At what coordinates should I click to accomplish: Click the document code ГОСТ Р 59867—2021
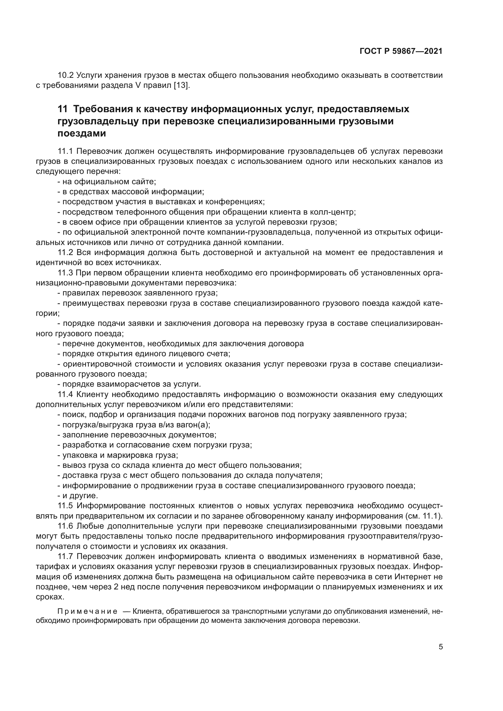401,51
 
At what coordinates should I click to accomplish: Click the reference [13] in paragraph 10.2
181,85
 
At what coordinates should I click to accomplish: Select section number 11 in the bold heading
62,109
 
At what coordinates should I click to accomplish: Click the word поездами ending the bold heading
82,133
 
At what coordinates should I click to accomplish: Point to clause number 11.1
65,151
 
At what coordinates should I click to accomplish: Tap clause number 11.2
65,252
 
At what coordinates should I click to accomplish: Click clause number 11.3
65,273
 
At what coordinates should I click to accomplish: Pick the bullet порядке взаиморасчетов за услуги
130,384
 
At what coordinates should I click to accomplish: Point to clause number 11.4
65,395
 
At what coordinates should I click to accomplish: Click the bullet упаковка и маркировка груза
118,455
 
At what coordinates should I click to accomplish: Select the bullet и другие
78,496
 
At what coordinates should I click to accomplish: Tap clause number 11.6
65,526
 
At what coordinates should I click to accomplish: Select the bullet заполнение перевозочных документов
137,435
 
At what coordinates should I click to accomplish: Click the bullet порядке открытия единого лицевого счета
144,354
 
